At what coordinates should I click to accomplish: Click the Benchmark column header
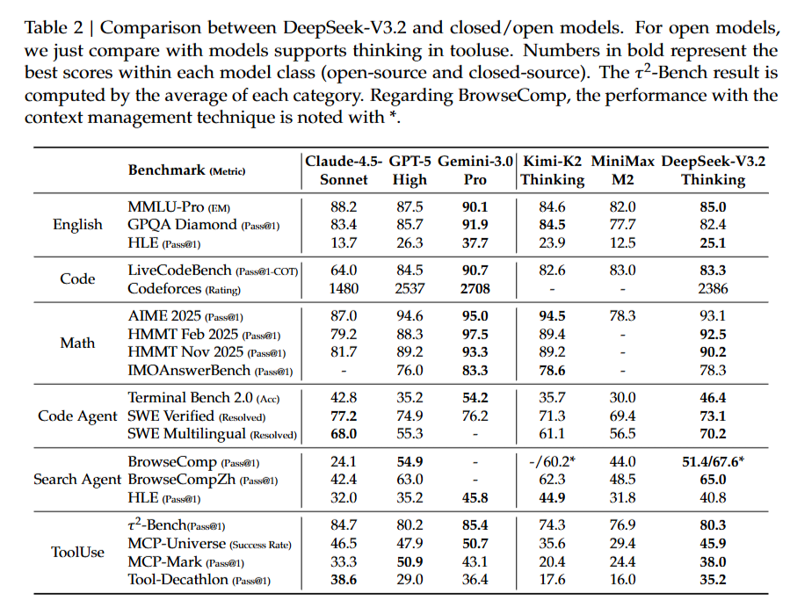186,170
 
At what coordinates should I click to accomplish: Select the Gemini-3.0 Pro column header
474,170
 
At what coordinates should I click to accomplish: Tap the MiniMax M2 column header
624,170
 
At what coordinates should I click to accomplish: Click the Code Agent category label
77,416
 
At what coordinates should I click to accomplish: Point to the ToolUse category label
77,553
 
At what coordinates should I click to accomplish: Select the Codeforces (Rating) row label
184,288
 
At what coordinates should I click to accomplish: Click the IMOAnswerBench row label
211,372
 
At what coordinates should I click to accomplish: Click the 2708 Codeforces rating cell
474,288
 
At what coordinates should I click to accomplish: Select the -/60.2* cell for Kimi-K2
552,461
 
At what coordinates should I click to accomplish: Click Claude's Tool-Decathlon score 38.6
342,580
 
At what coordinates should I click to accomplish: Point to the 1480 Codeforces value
342,288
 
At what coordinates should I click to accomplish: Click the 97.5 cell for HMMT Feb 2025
474,334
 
